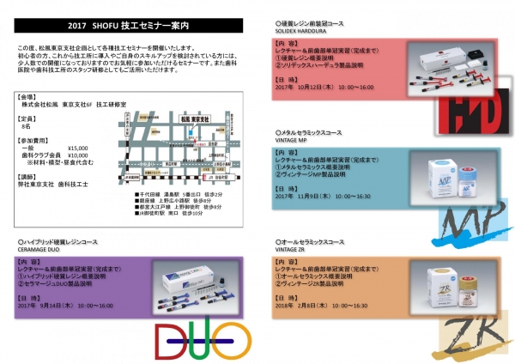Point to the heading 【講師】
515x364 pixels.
tap(30, 175)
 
